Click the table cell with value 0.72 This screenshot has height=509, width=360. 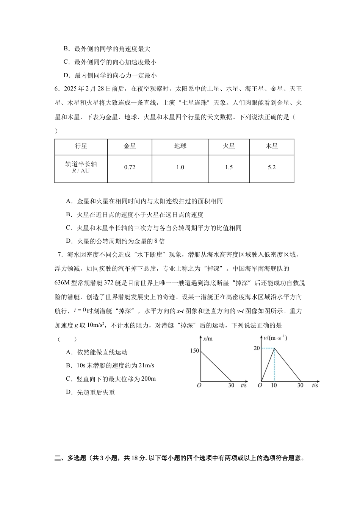coord(130,167)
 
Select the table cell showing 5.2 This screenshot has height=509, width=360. coord(272,167)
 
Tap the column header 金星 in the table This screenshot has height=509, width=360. coord(130,146)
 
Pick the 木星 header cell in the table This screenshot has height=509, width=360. coord(272,146)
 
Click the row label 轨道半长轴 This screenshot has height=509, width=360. coord(81,164)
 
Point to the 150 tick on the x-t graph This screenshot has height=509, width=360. coord(194,351)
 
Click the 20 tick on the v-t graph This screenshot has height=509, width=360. coord(257,348)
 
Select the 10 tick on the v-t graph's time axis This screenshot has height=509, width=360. coord(274,386)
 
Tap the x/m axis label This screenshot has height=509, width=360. coord(208,339)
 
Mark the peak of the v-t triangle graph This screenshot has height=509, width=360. coord(274,348)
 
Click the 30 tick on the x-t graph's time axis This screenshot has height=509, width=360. coord(231,386)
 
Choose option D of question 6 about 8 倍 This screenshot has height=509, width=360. coord(116,241)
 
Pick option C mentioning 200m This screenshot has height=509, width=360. coord(111,379)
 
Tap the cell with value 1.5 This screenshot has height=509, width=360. coord(229,167)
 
